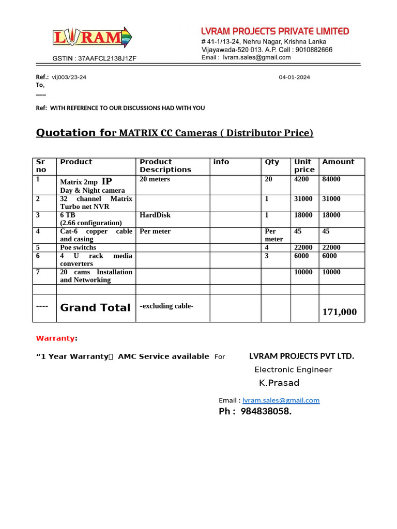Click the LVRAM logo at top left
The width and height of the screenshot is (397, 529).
pos(91,38)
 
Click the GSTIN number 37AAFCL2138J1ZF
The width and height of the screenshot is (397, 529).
pos(95,58)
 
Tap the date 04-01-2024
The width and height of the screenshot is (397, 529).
pos(294,77)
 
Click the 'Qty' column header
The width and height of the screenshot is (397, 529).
pos(272,162)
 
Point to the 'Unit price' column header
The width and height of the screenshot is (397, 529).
pos(304,166)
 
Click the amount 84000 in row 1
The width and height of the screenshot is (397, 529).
pos(331,179)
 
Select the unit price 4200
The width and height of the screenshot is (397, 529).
pos(302,179)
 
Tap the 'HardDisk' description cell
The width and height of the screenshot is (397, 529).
pos(155,215)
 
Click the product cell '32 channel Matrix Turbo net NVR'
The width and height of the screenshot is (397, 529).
pos(96,203)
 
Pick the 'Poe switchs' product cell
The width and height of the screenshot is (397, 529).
pos(78,248)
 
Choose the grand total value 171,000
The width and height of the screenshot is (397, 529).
pos(339,312)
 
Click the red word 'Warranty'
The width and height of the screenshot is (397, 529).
pos(55,338)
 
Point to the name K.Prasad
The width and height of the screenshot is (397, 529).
pos(279,383)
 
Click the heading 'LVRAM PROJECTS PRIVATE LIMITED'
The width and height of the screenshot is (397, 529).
pos(275,32)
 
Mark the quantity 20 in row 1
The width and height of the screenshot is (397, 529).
pos(269,179)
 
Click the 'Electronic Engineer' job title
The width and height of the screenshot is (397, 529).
pos(293,370)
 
